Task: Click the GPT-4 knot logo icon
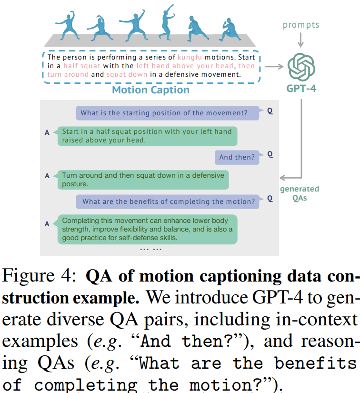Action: click(x=301, y=67)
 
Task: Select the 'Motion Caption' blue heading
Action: click(x=150, y=90)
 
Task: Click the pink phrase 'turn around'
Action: click(x=68, y=74)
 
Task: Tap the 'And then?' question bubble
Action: click(x=237, y=157)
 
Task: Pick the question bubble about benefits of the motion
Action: click(x=168, y=201)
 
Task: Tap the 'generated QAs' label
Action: click(x=300, y=193)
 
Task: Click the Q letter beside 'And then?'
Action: click(x=270, y=154)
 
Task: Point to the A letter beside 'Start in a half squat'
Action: click(x=47, y=132)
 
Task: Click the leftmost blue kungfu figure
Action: click(x=65, y=24)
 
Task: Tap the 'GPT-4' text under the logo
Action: click(x=301, y=88)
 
